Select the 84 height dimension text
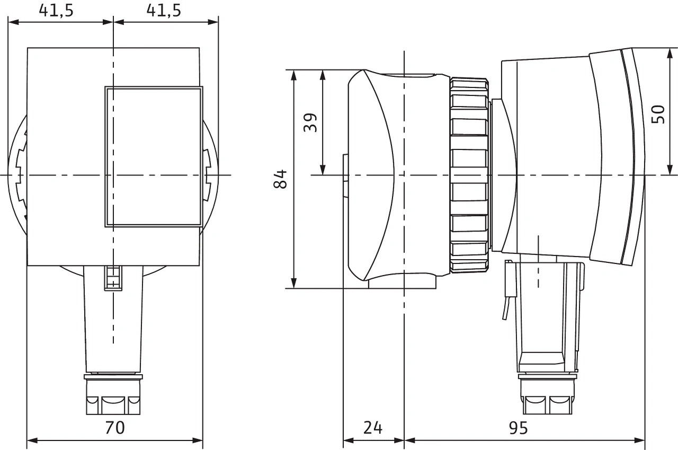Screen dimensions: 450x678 [x=280, y=179]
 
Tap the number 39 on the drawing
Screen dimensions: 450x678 [x=311, y=122]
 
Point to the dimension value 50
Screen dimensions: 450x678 [x=658, y=114]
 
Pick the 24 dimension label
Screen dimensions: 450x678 [x=373, y=427]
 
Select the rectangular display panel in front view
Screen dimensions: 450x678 [x=154, y=157]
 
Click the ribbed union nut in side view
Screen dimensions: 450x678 [x=469, y=175]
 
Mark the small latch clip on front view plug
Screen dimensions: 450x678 [x=112, y=278]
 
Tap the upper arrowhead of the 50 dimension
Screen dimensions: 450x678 [x=670, y=55]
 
